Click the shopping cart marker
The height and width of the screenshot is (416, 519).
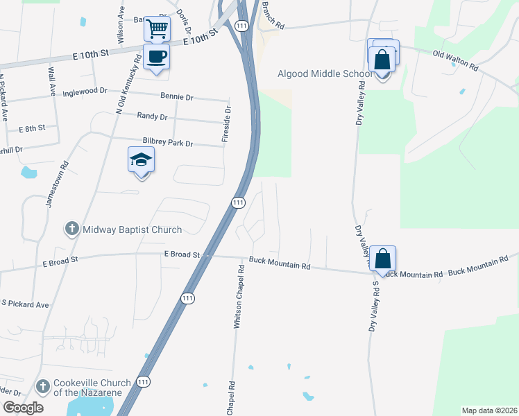coord(158,29)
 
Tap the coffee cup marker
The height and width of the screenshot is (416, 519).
coord(155,56)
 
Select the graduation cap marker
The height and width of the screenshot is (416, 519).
coord(141,160)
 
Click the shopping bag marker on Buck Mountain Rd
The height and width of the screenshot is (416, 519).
coord(382,259)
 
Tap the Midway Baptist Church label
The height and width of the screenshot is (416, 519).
coord(132,229)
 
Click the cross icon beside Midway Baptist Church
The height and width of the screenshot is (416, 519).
coord(71,229)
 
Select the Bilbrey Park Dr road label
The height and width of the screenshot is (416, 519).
coord(167,142)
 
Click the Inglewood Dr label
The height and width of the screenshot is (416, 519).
coord(85,92)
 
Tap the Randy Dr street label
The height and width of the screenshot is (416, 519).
coord(153,116)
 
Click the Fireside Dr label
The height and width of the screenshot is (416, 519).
coord(226,125)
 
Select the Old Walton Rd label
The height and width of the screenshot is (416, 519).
coord(455,60)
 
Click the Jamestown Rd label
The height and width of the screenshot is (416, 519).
coord(57,184)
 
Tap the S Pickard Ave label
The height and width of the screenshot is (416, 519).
coord(25,304)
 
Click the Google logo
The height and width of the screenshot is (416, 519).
coord(23,408)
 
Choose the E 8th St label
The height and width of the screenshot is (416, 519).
coord(32,128)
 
